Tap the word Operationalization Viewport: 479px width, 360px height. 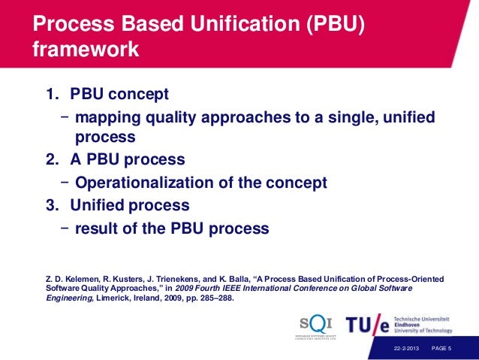[x=169, y=183]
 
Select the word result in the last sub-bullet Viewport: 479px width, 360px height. [x=95, y=227]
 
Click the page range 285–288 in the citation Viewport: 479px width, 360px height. [x=218, y=298]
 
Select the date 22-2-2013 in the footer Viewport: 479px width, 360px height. [x=407, y=349]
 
